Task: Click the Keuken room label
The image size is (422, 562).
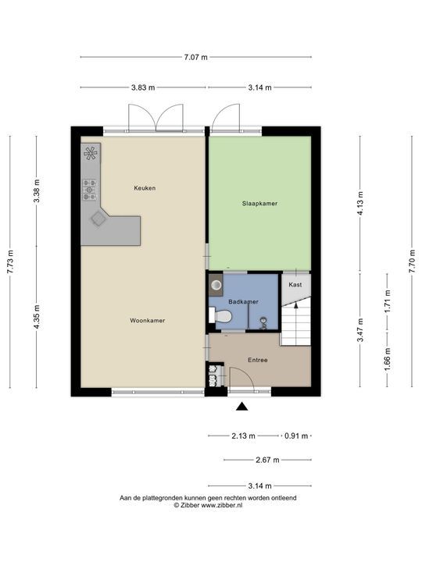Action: (x=145, y=188)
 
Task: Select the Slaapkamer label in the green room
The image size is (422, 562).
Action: (x=259, y=204)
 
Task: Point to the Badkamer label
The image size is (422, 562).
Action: (x=243, y=302)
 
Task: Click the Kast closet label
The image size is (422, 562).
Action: (x=295, y=285)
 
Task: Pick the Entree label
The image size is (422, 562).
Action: (x=258, y=360)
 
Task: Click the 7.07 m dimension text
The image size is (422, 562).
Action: (x=195, y=57)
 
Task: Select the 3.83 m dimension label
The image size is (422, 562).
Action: (x=143, y=87)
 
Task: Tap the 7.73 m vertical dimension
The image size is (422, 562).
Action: (x=10, y=261)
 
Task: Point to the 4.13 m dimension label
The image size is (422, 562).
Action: (x=360, y=203)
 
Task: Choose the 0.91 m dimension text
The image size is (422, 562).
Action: (x=296, y=436)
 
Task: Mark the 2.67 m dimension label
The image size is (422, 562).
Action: (x=267, y=460)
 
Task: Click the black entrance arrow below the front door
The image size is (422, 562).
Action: (x=242, y=406)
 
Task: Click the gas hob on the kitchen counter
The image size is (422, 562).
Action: (x=89, y=190)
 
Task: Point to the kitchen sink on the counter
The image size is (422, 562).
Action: (x=98, y=218)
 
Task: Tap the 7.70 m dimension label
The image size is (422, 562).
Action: (x=413, y=261)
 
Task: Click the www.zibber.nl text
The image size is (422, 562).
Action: (x=222, y=505)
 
